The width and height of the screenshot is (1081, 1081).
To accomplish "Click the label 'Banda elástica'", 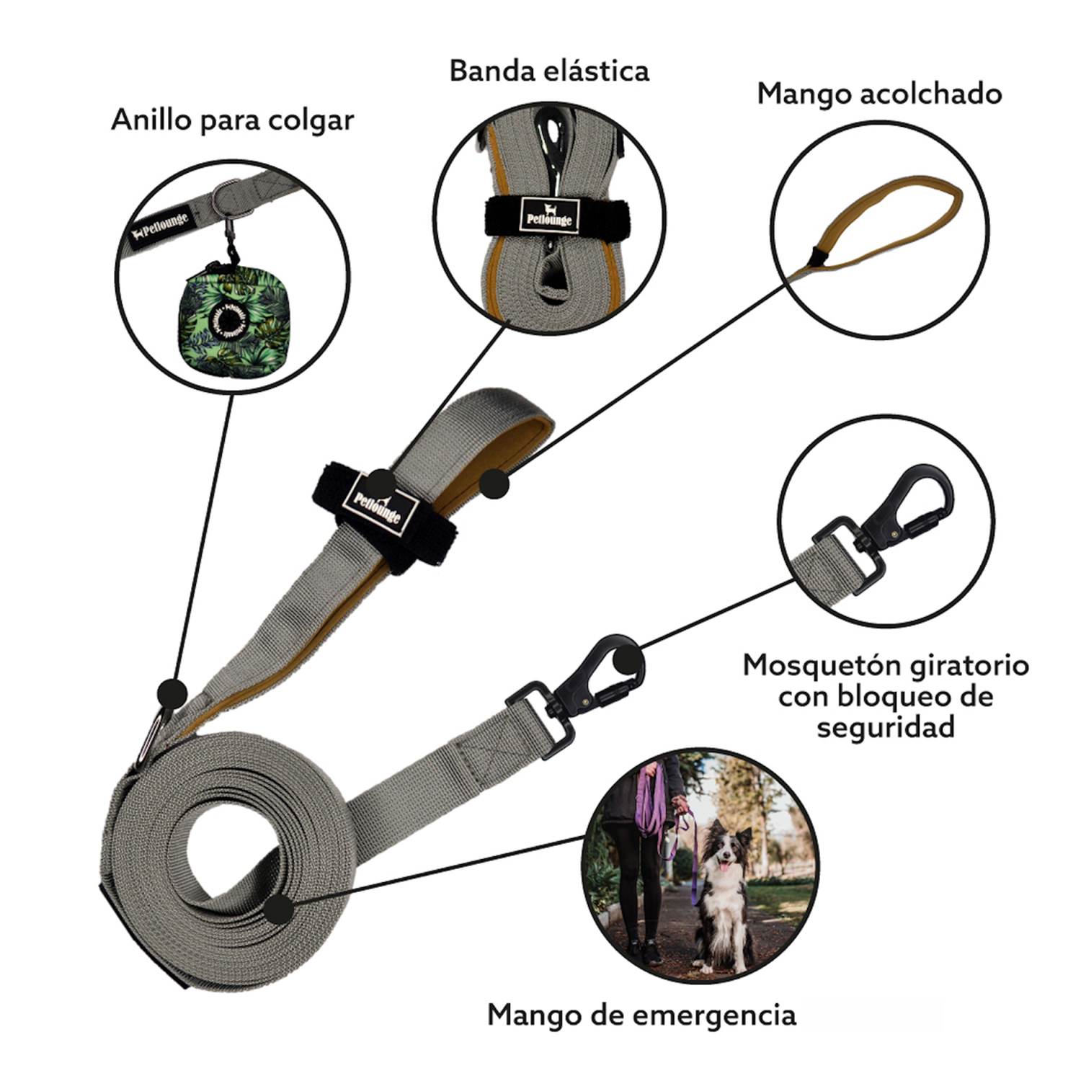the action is click(x=549, y=71).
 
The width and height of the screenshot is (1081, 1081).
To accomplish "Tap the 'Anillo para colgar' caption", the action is click(x=233, y=120).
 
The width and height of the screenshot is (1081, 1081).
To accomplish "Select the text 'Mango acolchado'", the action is click(x=879, y=94).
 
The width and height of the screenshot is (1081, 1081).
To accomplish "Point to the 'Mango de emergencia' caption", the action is click(x=641, y=1015).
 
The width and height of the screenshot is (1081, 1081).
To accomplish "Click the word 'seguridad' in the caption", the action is click(x=886, y=727).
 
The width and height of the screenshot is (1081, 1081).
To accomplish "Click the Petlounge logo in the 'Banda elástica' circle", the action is click(x=549, y=215).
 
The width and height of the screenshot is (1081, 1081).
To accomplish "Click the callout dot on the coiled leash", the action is click(x=280, y=909).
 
